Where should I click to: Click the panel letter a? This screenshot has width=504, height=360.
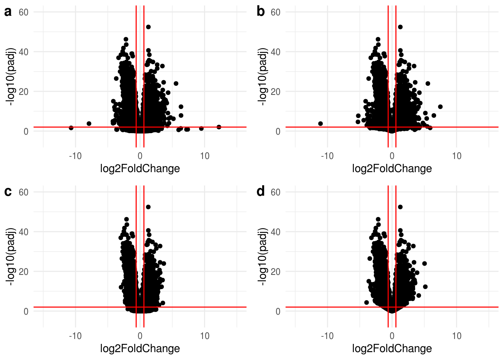pos(7,12)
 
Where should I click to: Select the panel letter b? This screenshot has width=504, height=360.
pos(260,12)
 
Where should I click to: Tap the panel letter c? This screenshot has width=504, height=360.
pos(7,192)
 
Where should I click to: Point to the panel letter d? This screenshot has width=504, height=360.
pos(260,192)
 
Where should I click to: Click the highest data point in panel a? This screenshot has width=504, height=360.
pos(148,27)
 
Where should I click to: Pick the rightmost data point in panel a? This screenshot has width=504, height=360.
pos(219,127)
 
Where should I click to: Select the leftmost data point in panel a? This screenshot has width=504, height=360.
pos(71,128)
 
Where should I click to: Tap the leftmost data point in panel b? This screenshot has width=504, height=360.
pos(320,124)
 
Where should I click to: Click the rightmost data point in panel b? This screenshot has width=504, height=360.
pos(440,107)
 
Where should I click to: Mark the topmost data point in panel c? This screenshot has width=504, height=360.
pos(148,207)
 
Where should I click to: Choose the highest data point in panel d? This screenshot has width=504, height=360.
pos(400,207)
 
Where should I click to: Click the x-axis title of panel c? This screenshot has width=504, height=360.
pos(140,349)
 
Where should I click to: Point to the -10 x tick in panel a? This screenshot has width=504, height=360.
pos(75,156)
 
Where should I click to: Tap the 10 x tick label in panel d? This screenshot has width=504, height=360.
pos(456,336)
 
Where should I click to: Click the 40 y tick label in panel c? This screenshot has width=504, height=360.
pos(23,232)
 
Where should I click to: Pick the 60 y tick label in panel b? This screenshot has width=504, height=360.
pos(275,12)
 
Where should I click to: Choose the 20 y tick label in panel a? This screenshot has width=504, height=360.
pos(23,91)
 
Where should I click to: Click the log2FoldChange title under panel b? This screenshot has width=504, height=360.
pos(392,169)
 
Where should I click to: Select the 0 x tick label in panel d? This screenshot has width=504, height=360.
pos(392,336)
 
